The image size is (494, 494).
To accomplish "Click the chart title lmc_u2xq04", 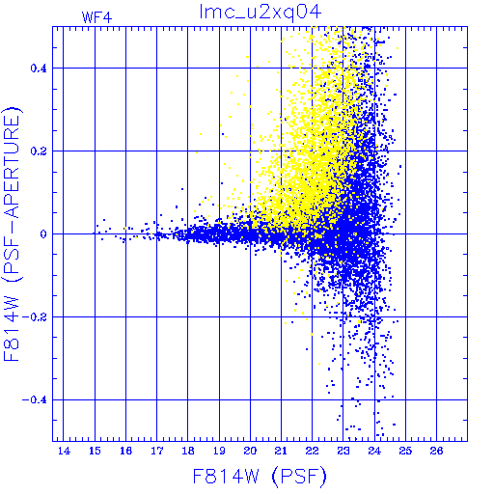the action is click(x=261, y=13).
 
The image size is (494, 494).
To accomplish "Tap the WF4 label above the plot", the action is click(x=96, y=17).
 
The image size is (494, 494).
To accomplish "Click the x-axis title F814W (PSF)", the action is click(x=260, y=476).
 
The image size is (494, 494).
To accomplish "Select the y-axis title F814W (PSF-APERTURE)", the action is click(x=12, y=234).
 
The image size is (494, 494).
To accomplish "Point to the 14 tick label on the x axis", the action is click(x=64, y=451).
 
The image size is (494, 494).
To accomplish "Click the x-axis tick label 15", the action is click(x=95, y=451).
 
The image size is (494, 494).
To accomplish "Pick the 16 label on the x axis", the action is click(x=126, y=451).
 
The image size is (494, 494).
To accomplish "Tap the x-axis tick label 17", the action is click(x=157, y=451).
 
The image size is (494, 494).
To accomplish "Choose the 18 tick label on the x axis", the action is click(x=188, y=451).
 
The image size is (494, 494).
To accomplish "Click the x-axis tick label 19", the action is click(x=219, y=451).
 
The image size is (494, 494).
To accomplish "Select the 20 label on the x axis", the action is click(x=250, y=451).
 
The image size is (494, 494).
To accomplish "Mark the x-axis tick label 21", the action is click(x=281, y=451).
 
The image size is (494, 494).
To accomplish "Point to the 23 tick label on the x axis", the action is click(x=343, y=451).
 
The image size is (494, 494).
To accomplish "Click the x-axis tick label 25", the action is click(x=405, y=451).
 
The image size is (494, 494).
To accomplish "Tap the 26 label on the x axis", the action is click(x=436, y=451).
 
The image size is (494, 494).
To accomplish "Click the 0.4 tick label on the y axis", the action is click(x=39, y=69).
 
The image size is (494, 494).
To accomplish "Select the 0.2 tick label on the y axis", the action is click(x=39, y=151).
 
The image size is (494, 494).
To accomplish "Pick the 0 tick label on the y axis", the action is click(x=43, y=234).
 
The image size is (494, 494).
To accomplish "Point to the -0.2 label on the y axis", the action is click(x=35, y=317).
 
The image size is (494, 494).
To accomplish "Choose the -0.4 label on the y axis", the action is click(x=35, y=400).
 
